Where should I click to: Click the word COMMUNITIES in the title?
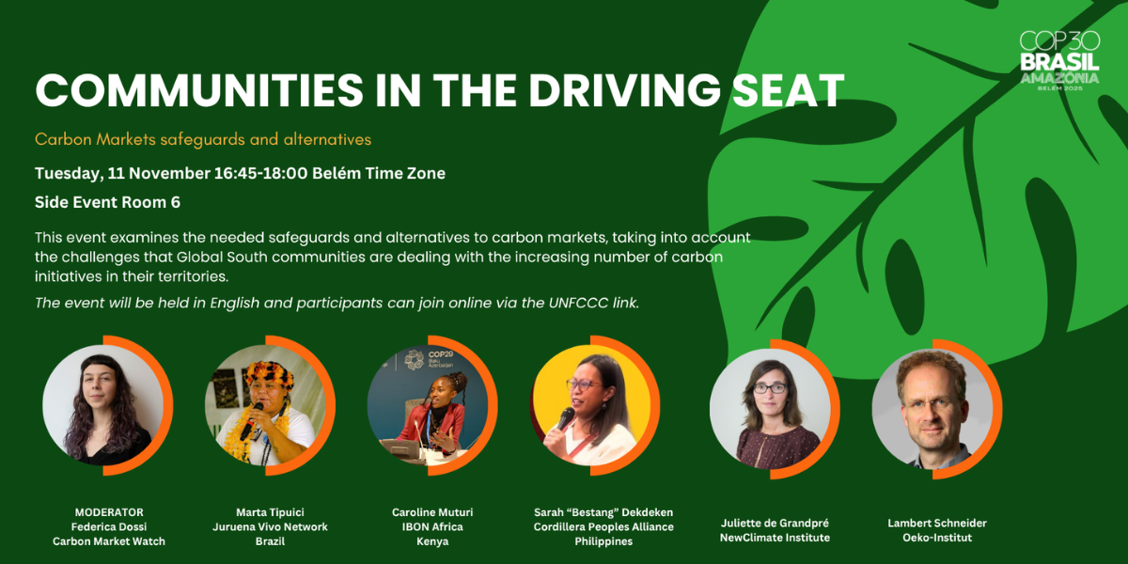199,90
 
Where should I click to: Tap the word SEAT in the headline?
788,90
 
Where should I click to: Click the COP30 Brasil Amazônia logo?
1059,61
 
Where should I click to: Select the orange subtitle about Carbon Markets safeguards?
203,139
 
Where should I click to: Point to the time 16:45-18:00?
261,173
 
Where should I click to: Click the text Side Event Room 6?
107,202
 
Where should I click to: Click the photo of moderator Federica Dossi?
103,405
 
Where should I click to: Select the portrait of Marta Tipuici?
266,405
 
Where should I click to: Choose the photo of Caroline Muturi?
429,405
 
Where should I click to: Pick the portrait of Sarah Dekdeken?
591,405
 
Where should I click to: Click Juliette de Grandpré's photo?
771,409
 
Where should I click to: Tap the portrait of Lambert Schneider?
933,409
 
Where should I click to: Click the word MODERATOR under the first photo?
109,512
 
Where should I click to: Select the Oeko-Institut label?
937,538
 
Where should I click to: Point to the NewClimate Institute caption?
775,538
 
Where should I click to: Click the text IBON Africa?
432,526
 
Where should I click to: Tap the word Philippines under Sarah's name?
603,541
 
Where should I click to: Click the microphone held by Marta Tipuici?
251,421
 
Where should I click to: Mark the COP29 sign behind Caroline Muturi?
441,358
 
